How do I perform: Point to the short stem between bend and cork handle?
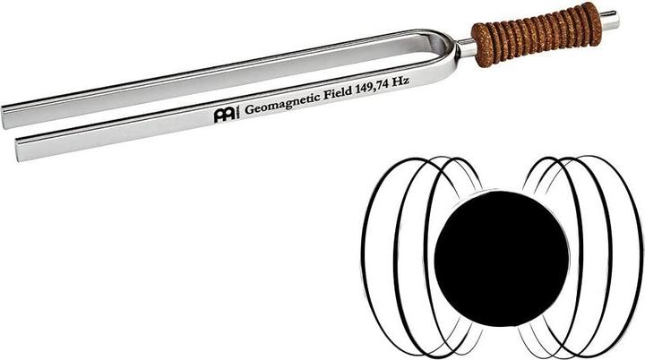click(x=464, y=49)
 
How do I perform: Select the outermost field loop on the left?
click(x=365, y=255)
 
